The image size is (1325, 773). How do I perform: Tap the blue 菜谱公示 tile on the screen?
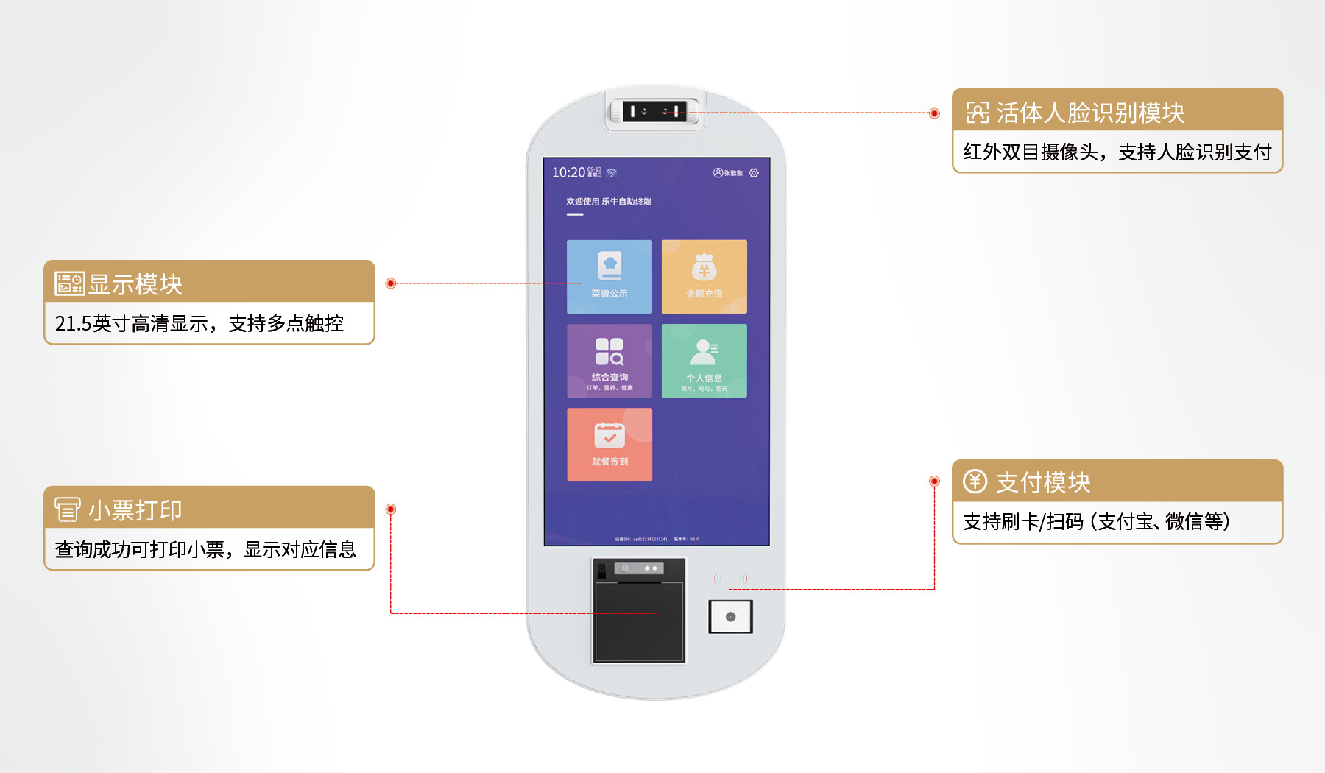pyautogui.click(x=609, y=276)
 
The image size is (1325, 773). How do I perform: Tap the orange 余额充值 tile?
pyautogui.click(x=704, y=276)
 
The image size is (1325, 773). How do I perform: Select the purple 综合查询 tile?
pyautogui.click(x=609, y=361)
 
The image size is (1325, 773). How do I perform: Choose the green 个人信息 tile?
pyautogui.click(x=704, y=361)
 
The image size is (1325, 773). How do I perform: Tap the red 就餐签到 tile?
pyautogui.click(x=609, y=445)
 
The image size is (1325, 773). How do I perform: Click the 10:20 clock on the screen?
pyautogui.click(x=568, y=172)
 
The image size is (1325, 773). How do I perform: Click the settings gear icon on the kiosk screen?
pyautogui.click(x=754, y=173)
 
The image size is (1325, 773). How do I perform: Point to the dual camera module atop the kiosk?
pyautogui.click(x=654, y=112)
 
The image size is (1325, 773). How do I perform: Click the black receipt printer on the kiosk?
pyautogui.click(x=639, y=618)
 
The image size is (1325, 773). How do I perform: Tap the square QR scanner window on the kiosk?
pyautogui.click(x=730, y=617)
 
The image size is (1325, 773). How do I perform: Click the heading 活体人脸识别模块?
pyautogui.click(x=1090, y=113)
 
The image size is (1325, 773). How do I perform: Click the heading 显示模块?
pyautogui.click(x=135, y=284)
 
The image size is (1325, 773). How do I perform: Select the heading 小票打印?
pyautogui.click(x=135, y=510)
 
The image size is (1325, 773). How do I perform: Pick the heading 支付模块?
pyautogui.click(x=1043, y=482)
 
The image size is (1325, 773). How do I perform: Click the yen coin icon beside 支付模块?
pyautogui.click(x=975, y=481)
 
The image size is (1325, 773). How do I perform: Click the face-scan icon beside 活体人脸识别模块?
pyautogui.click(x=978, y=113)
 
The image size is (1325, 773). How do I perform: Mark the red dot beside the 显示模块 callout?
pyautogui.click(x=391, y=283)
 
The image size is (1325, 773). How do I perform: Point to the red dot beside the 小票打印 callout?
pyautogui.click(x=391, y=509)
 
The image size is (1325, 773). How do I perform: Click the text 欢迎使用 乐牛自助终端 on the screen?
pyautogui.click(x=608, y=201)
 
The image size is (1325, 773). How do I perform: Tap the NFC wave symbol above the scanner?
pyautogui.click(x=730, y=579)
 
